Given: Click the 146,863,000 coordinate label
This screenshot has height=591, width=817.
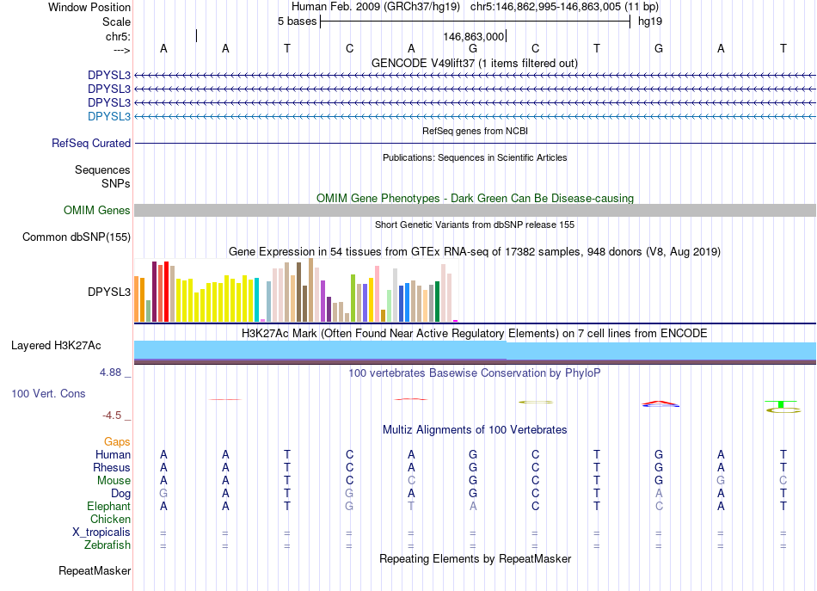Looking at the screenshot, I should point(474,37).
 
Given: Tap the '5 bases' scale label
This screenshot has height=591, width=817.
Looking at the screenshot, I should point(297,22).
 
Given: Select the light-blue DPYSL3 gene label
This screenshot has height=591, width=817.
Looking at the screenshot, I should point(109,116).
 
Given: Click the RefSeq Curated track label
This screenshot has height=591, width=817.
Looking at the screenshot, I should point(91,144).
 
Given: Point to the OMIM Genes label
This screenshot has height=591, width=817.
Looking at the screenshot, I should point(97,211).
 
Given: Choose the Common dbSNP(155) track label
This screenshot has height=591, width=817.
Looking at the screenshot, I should point(77,237).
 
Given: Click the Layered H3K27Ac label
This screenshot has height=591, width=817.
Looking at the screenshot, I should point(56,346).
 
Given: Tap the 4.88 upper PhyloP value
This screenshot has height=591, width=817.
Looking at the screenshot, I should point(112,372).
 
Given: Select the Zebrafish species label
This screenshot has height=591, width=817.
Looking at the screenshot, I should point(107,545).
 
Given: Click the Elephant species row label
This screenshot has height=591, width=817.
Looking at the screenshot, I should point(108,507).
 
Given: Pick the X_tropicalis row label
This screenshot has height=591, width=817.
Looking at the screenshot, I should point(101,533).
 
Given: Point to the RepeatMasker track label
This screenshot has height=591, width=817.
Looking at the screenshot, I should point(95,570).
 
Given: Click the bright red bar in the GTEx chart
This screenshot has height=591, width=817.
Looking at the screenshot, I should point(166,291).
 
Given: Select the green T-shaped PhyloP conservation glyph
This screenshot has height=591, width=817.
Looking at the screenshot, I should point(780,403).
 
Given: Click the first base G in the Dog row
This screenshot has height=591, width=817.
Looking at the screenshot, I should point(163,494).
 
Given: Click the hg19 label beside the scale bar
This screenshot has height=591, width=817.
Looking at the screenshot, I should point(649,22).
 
